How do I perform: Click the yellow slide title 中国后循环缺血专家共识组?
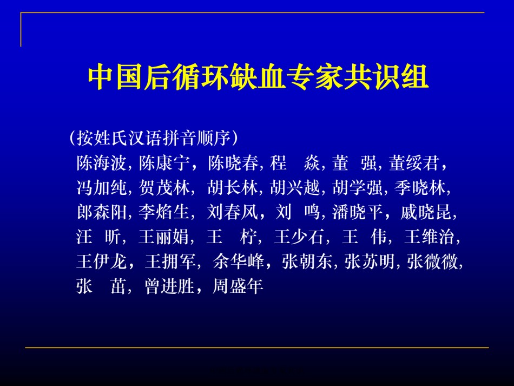tap(258, 77)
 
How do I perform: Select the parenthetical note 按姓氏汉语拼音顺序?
tap(154, 138)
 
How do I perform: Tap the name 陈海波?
tap(101, 162)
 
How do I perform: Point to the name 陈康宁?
tap(164, 162)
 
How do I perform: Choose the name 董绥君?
tap(414, 162)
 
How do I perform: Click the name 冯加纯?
tap(101, 188)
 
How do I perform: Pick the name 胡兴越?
tap(295, 188)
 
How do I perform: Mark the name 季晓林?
tap(420, 188)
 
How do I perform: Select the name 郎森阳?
tap(101, 212)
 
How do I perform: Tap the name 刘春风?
tap(233, 212)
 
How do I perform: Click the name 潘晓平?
tap(357, 212)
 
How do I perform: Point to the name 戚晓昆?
tap(426, 212)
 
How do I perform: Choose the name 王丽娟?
tap(163, 237)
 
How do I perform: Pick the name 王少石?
tap(299, 237)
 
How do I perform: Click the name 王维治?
tap(430, 237)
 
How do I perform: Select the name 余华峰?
tap(238, 261)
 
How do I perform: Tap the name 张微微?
tap(432, 261)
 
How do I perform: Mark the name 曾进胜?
tap(170, 286)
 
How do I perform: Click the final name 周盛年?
tap(238, 286)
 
